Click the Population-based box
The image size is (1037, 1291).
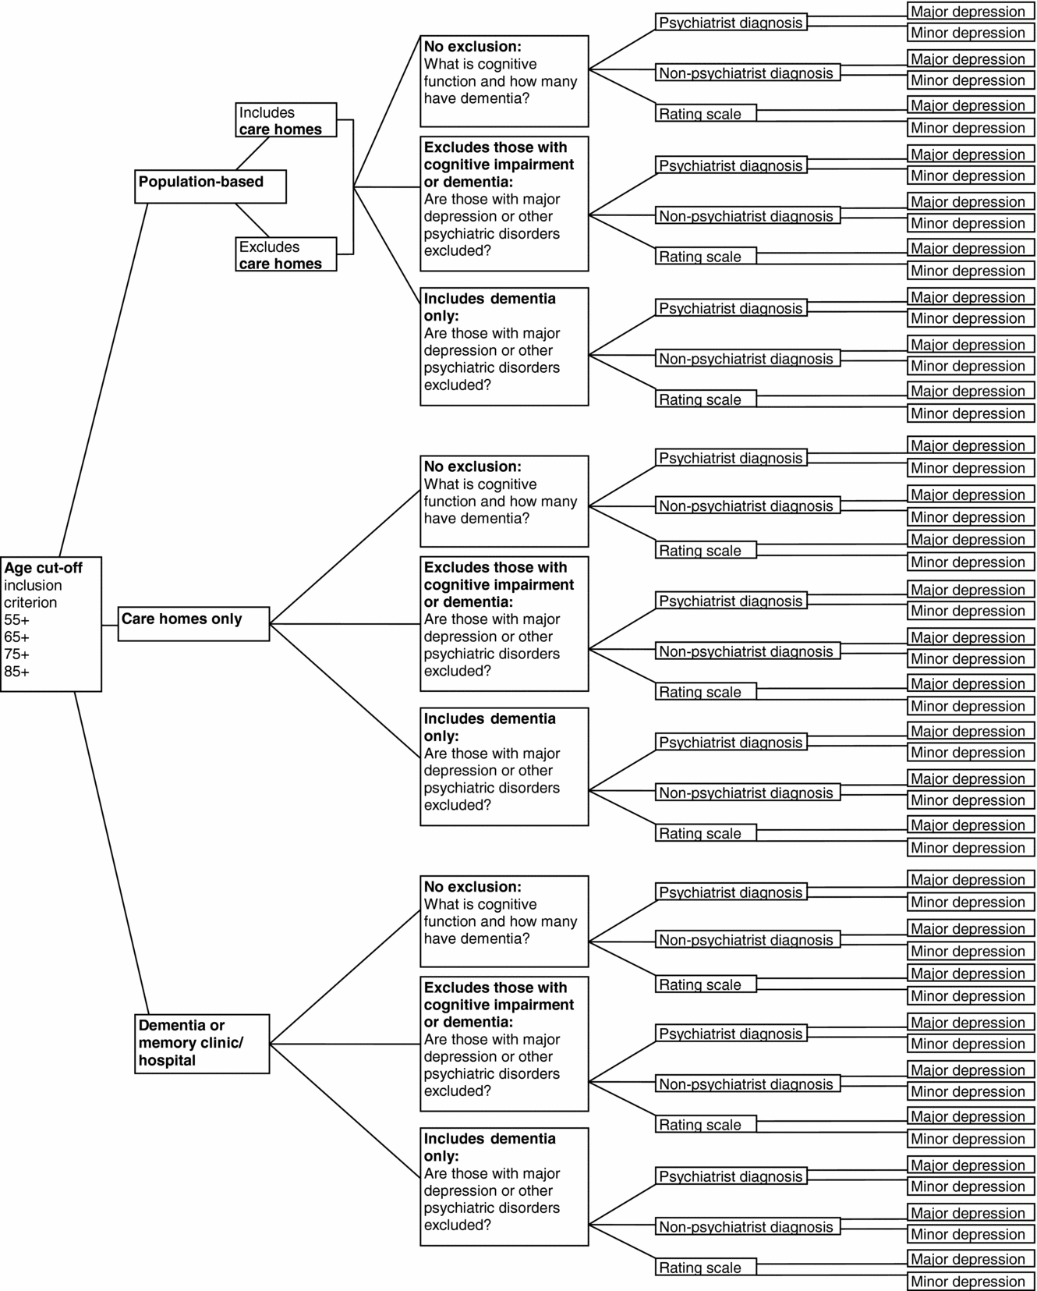210,186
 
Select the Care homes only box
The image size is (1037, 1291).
193,623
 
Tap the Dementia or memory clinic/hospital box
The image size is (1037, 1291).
202,1043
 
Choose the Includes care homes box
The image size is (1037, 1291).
285,120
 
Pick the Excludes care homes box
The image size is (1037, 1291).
285,254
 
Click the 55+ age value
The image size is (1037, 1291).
16,620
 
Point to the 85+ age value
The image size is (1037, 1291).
16,672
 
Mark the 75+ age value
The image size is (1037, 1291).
16,654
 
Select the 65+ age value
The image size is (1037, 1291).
16,637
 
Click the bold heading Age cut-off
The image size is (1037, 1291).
43,568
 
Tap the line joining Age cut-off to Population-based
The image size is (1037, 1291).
103,380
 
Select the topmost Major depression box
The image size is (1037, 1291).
971,12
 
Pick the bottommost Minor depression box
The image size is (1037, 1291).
971,1282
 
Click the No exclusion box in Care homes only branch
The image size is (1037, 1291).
504,501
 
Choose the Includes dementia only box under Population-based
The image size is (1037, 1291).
504,346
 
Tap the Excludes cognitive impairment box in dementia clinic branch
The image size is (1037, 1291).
504,1043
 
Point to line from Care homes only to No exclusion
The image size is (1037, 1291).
345,557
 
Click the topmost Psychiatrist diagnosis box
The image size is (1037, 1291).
731,23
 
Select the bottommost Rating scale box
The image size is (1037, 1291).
705,1268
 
